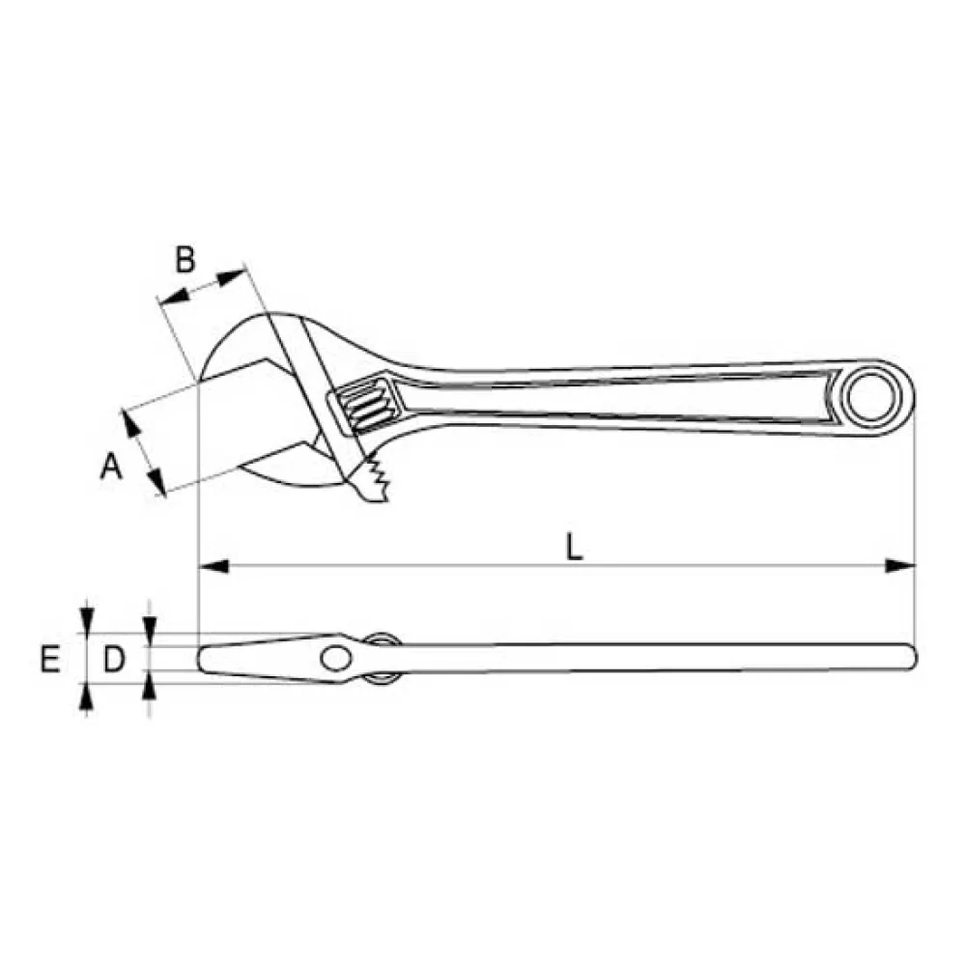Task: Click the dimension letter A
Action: [x=111, y=466]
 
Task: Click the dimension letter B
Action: [x=185, y=259]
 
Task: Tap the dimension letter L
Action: [x=574, y=547]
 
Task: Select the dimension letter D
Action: [x=114, y=659]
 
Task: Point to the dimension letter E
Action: [x=50, y=659]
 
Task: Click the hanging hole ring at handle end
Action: [x=870, y=397]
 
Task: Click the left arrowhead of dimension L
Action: [x=213, y=565]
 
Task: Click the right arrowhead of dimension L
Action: [x=900, y=565]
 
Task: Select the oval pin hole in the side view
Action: [x=336, y=658]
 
